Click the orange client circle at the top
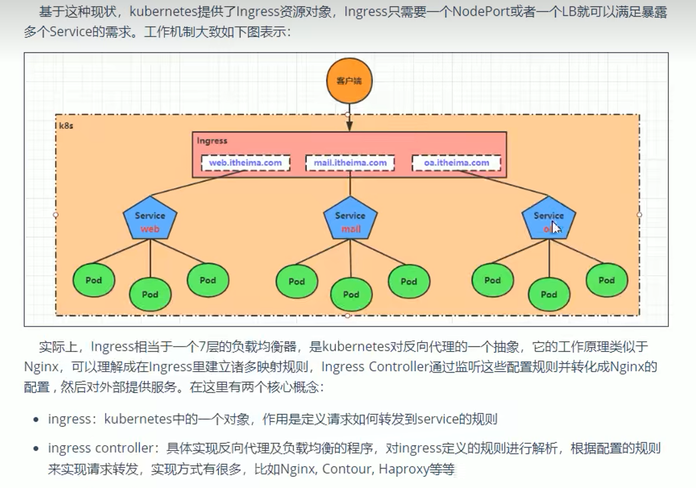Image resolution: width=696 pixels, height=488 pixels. [349, 81]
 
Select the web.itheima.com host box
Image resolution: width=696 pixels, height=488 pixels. [245, 163]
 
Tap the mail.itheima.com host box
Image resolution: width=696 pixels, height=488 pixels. [350, 163]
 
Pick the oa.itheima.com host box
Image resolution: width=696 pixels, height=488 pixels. [457, 163]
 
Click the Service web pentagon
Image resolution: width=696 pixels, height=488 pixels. [150, 219]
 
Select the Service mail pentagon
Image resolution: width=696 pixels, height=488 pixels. [350, 219]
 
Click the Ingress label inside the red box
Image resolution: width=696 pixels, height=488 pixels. [212, 141]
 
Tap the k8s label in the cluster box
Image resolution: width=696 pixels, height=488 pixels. [66, 126]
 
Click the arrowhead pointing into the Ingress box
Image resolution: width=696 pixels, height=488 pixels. [350, 126]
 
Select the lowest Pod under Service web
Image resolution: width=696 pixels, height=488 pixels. [150, 294]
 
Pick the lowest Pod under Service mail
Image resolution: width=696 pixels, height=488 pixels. [351, 294]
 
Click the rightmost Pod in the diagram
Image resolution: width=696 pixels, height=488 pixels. [607, 280]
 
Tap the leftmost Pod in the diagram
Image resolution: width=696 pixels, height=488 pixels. [94, 280]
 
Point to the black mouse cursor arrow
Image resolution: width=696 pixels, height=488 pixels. [556, 227]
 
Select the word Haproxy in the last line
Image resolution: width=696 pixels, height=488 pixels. [404, 469]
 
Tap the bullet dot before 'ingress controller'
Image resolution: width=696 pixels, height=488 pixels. [36, 449]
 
